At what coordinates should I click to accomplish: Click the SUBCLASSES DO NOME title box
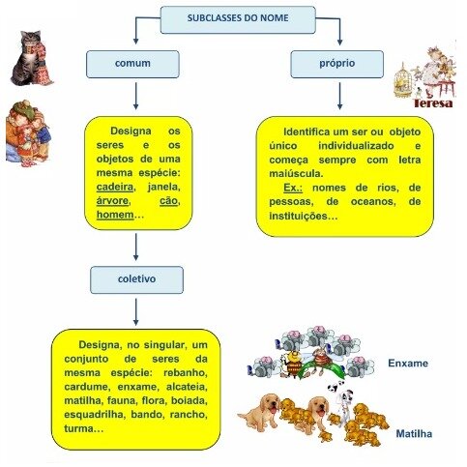238,19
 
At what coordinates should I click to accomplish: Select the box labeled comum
132,64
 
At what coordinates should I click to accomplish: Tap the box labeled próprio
337,64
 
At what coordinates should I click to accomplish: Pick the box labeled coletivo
136,279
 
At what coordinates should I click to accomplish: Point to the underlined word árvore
112,201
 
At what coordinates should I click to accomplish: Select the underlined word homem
115,215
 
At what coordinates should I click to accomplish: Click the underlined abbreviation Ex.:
293,188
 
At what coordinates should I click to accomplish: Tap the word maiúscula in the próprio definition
296,174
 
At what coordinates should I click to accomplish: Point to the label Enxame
408,364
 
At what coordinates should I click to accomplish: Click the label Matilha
414,434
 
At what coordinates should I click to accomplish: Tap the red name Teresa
433,103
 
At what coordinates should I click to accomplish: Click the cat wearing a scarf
31,58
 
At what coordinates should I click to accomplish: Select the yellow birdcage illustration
402,80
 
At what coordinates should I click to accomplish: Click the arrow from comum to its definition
135,96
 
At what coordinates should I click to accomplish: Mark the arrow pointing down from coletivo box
135,312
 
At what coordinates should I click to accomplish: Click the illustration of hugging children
27,133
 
